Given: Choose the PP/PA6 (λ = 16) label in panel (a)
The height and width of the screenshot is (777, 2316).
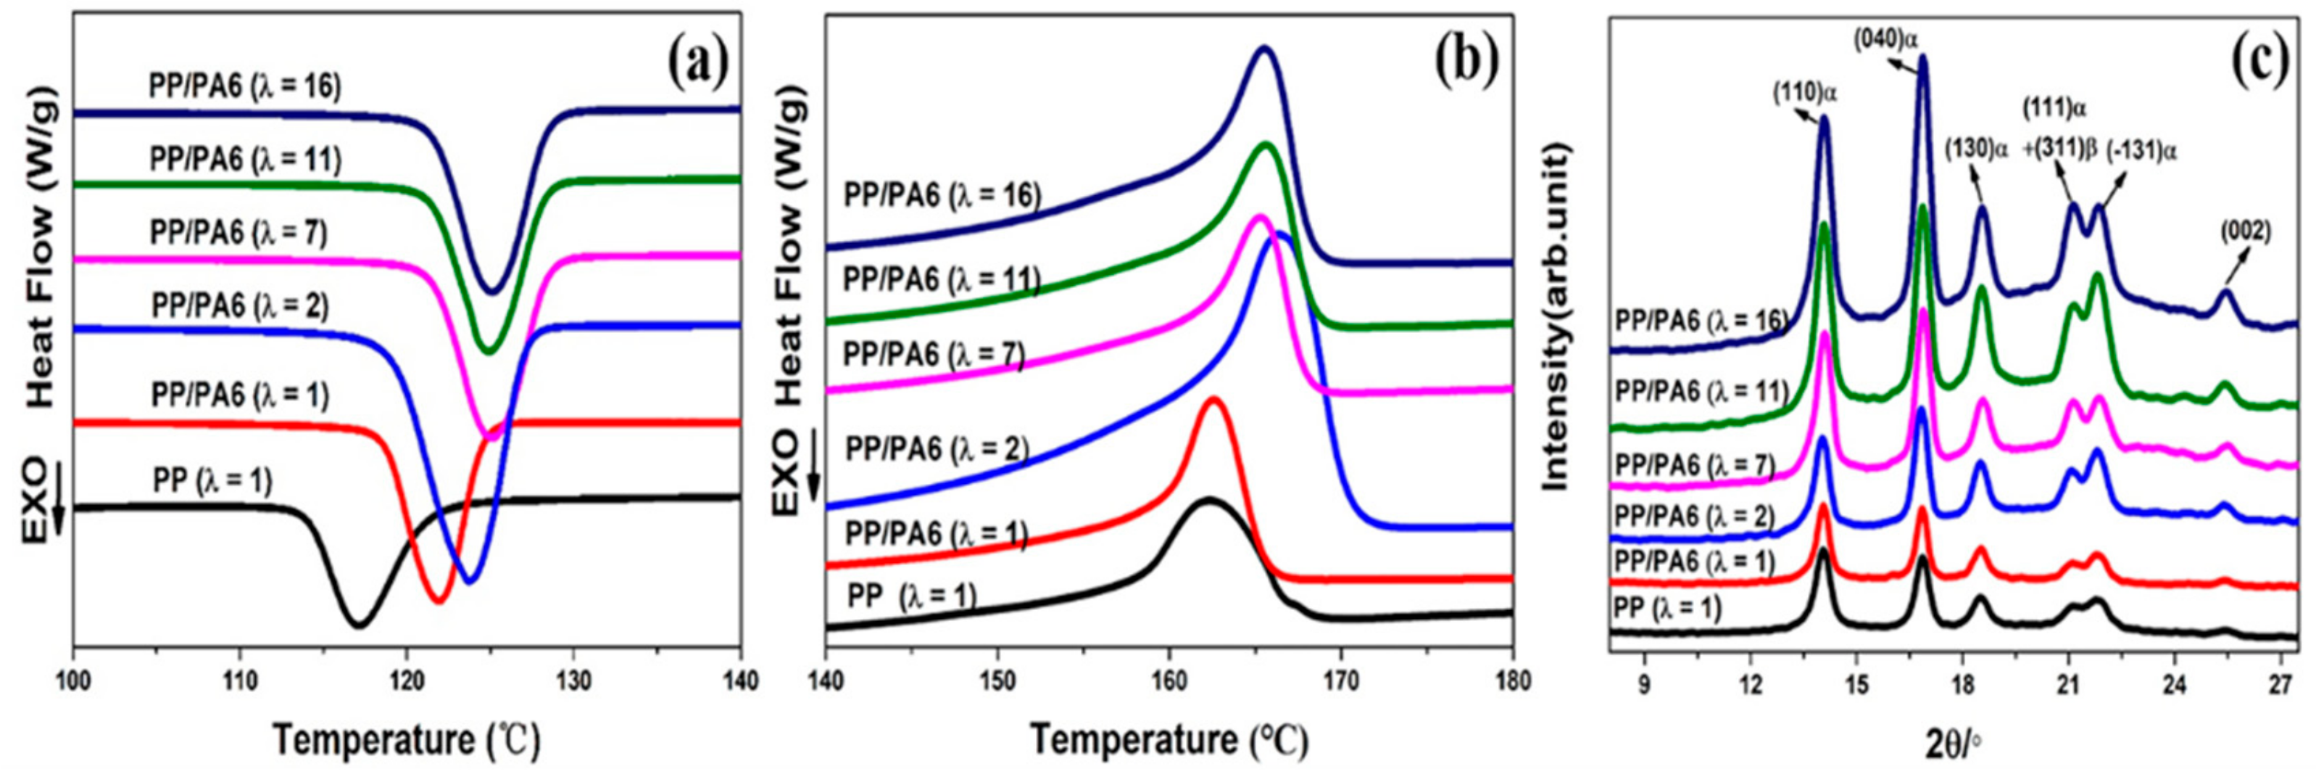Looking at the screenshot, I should pos(244,87).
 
